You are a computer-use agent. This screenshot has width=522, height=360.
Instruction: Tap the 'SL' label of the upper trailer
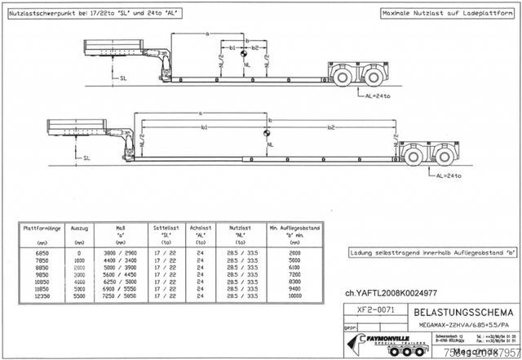pyautogui.click(x=123, y=79)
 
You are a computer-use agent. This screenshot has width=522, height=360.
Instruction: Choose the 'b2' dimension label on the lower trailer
pyautogui.click(x=330, y=127)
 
